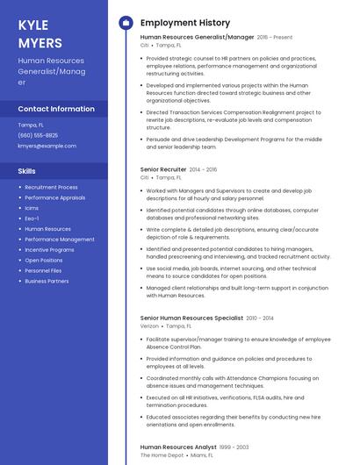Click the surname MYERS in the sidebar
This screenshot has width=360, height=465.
40,42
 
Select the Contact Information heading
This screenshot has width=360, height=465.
56,109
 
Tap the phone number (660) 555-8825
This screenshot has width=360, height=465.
38,135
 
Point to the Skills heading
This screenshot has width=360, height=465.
26,170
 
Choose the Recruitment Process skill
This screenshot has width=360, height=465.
51,187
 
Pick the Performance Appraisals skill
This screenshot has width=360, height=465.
55,197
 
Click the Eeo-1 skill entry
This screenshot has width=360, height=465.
32,218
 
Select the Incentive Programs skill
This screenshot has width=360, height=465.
49,250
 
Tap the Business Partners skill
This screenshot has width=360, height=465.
47,282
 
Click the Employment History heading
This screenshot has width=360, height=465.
185,23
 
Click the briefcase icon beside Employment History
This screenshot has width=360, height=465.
125,23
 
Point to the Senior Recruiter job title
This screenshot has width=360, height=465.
163,168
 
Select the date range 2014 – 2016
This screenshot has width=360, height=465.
203,168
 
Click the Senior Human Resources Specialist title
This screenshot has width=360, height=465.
191,318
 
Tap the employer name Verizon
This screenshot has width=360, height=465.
149,325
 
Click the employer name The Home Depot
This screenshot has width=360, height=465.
162,454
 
